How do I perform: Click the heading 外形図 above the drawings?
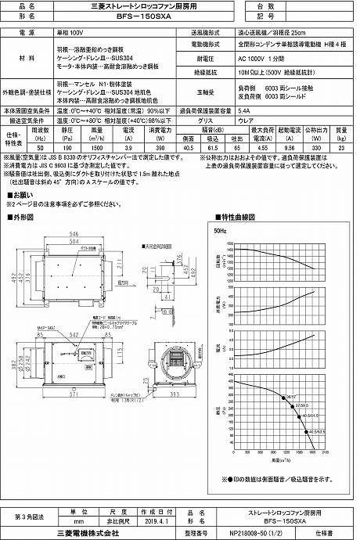pos(23,216)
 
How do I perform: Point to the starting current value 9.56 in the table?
pos(289,146)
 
